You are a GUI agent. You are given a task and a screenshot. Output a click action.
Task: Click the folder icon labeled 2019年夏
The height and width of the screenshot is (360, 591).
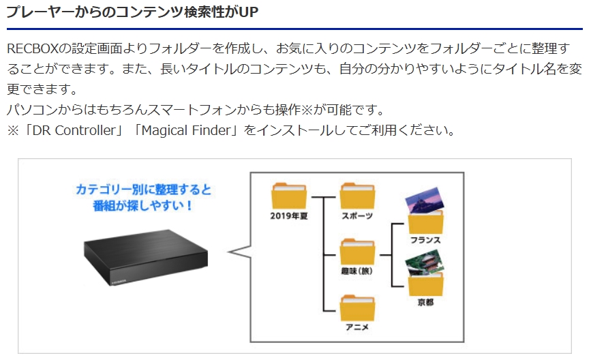[289, 196]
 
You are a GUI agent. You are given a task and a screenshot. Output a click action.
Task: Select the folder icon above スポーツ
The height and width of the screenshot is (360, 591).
[357, 196]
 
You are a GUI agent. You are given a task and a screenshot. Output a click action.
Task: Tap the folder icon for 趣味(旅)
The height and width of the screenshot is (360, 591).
[357, 252]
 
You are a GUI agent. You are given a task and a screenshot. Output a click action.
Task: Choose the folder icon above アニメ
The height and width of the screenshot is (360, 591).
[357, 308]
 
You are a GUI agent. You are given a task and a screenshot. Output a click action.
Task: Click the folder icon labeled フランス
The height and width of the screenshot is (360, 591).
[426, 222]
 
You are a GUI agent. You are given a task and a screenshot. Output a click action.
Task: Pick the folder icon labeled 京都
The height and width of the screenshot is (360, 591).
[426, 284]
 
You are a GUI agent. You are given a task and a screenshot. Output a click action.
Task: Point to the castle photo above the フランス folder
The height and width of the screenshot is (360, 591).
[425, 200]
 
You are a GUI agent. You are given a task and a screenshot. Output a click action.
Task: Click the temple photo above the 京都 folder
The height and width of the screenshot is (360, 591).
[425, 262]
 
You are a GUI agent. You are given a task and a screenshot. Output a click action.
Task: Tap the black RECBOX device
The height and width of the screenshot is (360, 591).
[145, 257]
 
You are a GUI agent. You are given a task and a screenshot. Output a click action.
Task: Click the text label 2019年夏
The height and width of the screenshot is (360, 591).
[289, 216]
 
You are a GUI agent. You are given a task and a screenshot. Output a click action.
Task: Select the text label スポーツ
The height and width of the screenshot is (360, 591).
[357, 216]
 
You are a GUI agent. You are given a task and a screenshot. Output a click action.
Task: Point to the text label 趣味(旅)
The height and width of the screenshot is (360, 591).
[357, 271]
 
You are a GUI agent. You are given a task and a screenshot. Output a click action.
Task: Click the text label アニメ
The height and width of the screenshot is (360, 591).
[357, 327]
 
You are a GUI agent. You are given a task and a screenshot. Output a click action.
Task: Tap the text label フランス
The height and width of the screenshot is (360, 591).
[425, 240]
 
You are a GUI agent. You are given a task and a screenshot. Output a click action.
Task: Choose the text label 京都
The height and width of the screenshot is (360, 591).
[425, 302]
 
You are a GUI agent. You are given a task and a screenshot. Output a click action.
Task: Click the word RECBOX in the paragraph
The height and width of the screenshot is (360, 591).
[33, 48]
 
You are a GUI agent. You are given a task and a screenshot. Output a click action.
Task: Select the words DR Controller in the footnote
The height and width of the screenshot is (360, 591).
[74, 130]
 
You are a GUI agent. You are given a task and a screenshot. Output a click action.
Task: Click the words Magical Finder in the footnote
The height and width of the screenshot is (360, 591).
[186, 130]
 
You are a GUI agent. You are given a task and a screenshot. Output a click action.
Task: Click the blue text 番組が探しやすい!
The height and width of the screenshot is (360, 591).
[143, 205]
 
